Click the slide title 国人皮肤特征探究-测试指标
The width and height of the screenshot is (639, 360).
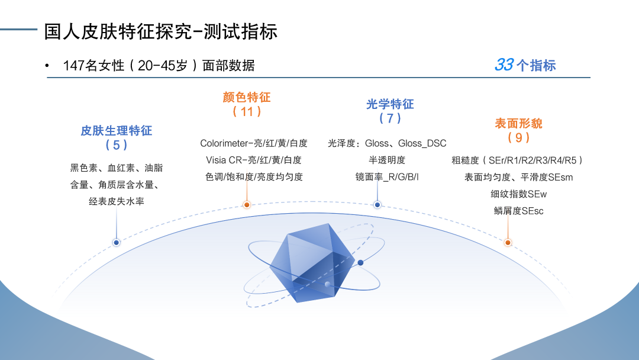click(160, 32)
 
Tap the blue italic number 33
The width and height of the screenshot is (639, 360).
click(504, 65)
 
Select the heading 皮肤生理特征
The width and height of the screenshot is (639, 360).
click(116, 130)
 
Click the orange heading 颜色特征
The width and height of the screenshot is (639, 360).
click(247, 98)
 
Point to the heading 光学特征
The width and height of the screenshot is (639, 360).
click(390, 104)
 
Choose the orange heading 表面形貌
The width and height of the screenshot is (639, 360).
click(518, 124)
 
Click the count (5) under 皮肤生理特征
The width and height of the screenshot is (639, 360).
click(116, 144)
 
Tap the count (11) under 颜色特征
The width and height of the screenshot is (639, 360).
click(247, 111)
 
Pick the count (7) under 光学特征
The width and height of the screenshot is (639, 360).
click(390, 118)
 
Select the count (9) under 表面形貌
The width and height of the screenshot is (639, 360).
click(518, 137)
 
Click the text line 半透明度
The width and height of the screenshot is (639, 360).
click(387, 160)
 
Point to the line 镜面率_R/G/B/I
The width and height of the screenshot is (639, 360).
click(387, 177)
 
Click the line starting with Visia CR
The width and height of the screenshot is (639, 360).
click(253, 160)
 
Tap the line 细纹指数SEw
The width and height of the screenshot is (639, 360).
click(518, 194)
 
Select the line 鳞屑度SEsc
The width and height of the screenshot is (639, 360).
click(518, 211)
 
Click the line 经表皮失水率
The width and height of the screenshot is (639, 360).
click(116, 201)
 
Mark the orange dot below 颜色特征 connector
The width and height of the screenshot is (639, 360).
click(247, 205)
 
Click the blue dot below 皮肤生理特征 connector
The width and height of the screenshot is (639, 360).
click(116, 243)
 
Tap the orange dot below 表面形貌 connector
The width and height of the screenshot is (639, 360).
click(508, 243)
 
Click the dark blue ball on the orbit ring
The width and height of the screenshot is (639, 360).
click(360, 263)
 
